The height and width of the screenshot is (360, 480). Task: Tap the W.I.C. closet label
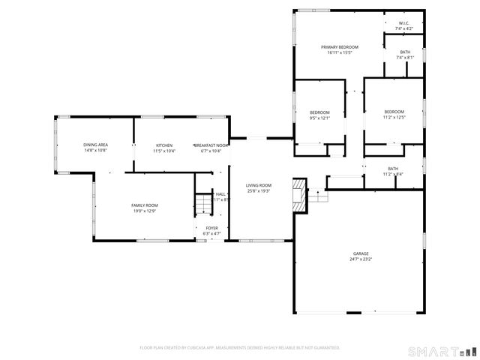pyautogui.click(x=403, y=23)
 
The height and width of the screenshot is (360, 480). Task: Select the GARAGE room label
pyautogui.click(x=360, y=253)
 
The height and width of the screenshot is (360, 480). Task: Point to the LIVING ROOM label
pyautogui.click(x=259, y=185)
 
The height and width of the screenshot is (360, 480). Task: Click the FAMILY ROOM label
pyautogui.click(x=145, y=205)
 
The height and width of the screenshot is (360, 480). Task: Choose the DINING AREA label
pyautogui.click(x=95, y=145)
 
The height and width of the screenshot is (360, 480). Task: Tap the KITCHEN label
pyautogui.click(x=164, y=145)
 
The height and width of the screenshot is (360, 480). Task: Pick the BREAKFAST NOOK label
pyautogui.click(x=211, y=145)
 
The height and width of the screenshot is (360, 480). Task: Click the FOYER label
pyautogui.click(x=212, y=228)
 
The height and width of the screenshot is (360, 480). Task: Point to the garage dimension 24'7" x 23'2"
pyautogui.click(x=360, y=259)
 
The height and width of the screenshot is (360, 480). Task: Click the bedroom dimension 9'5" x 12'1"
pyautogui.click(x=319, y=118)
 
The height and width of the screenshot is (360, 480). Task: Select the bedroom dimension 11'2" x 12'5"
pyautogui.click(x=394, y=117)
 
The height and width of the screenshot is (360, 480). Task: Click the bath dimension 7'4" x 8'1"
pyautogui.click(x=404, y=58)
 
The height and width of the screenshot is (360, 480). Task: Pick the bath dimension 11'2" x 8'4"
pyautogui.click(x=393, y=174)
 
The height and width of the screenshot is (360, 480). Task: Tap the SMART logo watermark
pyautogui.click(x=441, y=351)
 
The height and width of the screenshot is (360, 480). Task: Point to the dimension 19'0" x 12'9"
pyautogui.click(x=145, y=211)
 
